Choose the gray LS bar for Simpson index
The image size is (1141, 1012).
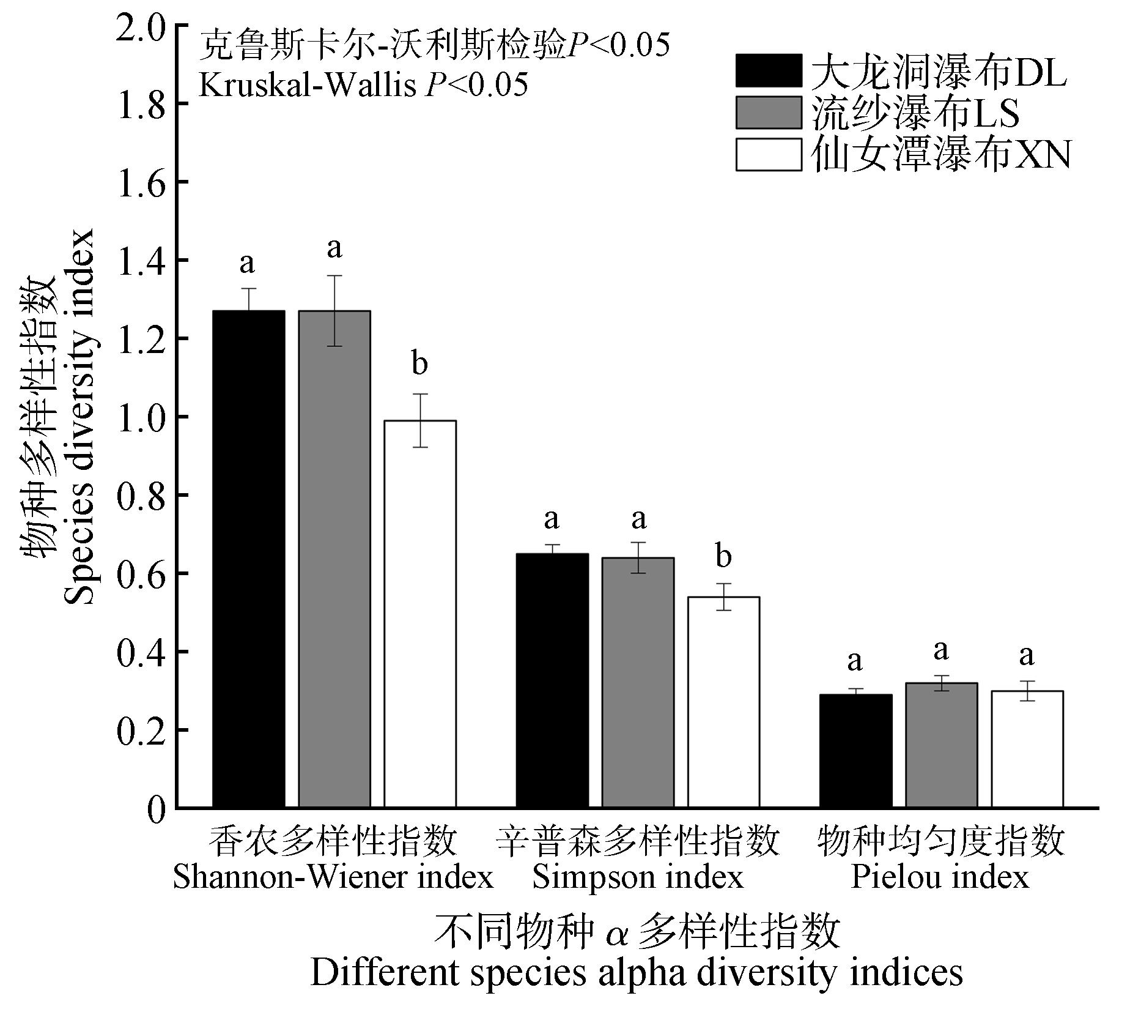(x=638, y=682)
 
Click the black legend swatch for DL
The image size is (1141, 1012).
(x=768, y=71)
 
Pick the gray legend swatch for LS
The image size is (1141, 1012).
(x=768, y=113)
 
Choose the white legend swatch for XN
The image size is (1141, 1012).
(x=768, y=154)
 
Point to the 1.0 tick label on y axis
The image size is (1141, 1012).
(x=141, y=417)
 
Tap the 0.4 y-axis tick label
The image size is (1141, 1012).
(x=141, y=652)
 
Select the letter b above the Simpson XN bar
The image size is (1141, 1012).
(x=723, y=556)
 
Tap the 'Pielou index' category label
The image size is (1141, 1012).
(x=940, y=877)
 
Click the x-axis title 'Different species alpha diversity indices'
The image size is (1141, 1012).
(x=637, y=972)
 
